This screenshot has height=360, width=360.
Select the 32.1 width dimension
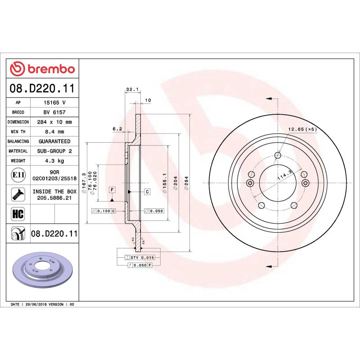pyautogui.click(x=131, y=90)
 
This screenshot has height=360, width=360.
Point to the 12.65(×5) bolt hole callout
pyautogui.click(x=302, y=130)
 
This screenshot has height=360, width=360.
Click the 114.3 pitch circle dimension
pyautogui.click(x=284, y=175)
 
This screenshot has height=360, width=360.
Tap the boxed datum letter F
pyautogui.click(x=112, y=190)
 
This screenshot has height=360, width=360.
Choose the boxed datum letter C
pyautogui.click(x=147, y=192)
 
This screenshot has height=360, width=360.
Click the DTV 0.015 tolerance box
pyautogui.click(x=139, y=257)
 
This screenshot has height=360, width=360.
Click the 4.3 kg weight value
pyautogui.click(x=54, y=161)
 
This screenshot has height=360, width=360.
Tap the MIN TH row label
pyautogui.click(x=18, y=131)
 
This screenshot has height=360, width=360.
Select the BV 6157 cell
pyautogui.click(x=54, y=112)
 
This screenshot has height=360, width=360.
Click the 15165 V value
pyautogui.click(x=54, y=103)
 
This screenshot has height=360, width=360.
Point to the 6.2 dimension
pyautogui.click(x=117, y=129)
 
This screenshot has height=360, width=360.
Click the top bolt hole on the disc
pyautogui.click(x=278, y=156)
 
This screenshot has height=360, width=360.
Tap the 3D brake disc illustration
pyautogui.click(x=43, y=272)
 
